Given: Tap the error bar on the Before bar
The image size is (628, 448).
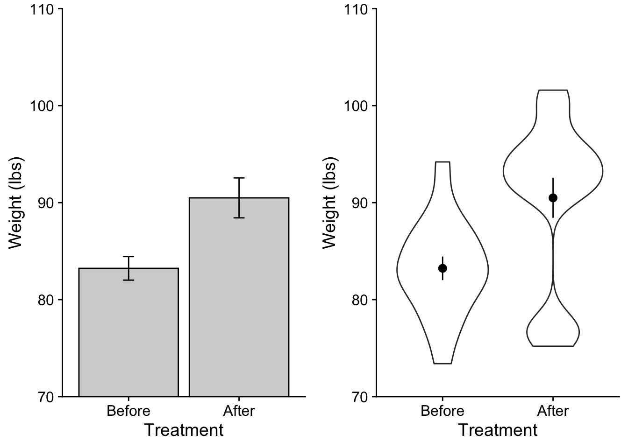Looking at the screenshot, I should tap(128, 268).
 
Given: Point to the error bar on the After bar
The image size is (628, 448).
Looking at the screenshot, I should tap(239, 197).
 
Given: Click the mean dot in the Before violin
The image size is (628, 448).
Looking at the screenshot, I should tap(442, 268).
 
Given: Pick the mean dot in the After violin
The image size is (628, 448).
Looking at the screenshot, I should tap(553, 198).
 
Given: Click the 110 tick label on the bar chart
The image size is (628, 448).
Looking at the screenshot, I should tap(41, 9).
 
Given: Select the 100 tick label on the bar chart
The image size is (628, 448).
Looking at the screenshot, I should tap(41, 106).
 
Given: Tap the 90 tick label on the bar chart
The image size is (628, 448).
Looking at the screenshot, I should tap(46, 203).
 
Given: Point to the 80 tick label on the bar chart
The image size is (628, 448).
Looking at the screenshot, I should tap(46, 300).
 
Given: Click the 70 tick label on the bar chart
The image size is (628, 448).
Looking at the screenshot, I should tap(46, 397).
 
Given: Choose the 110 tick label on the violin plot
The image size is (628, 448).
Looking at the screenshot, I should tap(355, 9).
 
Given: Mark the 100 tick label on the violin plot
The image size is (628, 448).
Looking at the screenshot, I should tap(355, 106).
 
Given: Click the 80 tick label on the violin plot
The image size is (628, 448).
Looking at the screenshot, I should tap(360, 300).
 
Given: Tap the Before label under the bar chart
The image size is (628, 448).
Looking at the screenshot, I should tap(128, 411).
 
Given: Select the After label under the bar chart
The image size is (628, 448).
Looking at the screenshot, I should tap(239, 411).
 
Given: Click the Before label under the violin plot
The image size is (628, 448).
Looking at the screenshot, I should tap(442, 411).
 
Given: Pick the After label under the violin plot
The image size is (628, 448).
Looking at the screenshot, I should tap(553, 411).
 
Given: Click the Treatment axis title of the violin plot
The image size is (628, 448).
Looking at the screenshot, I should tap(498, 430).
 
